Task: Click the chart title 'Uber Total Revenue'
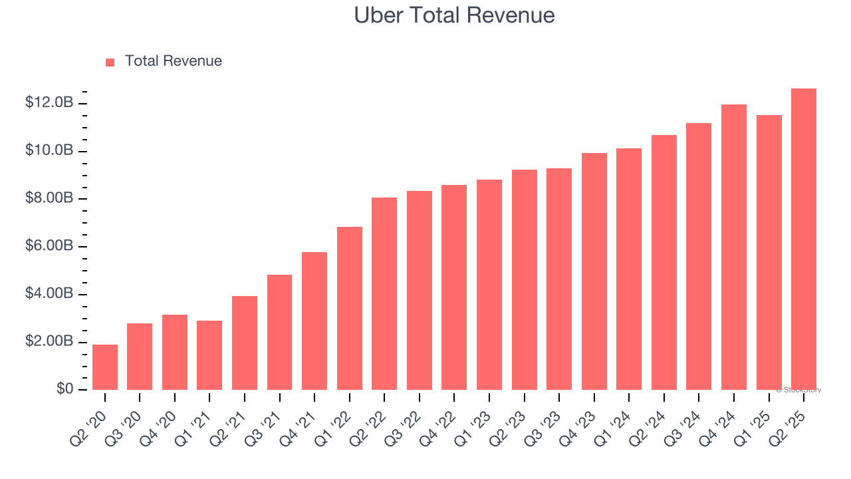pos(454,15)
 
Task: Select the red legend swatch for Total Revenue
pos(110,62)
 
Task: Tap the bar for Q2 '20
pos(105,367)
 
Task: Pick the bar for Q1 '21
pos(209,355)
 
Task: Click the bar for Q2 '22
pos(384,293)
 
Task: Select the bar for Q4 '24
pos(734,247)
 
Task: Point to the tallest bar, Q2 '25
pos(804,239)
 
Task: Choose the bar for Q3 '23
pos(559,279)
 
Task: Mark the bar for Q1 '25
pos(769,252)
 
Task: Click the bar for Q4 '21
pos(314,321)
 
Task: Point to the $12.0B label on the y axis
pos(49,102)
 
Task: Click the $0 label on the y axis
pos(64,389)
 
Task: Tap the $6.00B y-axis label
pos(49,246)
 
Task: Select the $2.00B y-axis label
pos(49,341)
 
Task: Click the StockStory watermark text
pos(798,390)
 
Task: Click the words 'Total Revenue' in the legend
pos(173,61)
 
